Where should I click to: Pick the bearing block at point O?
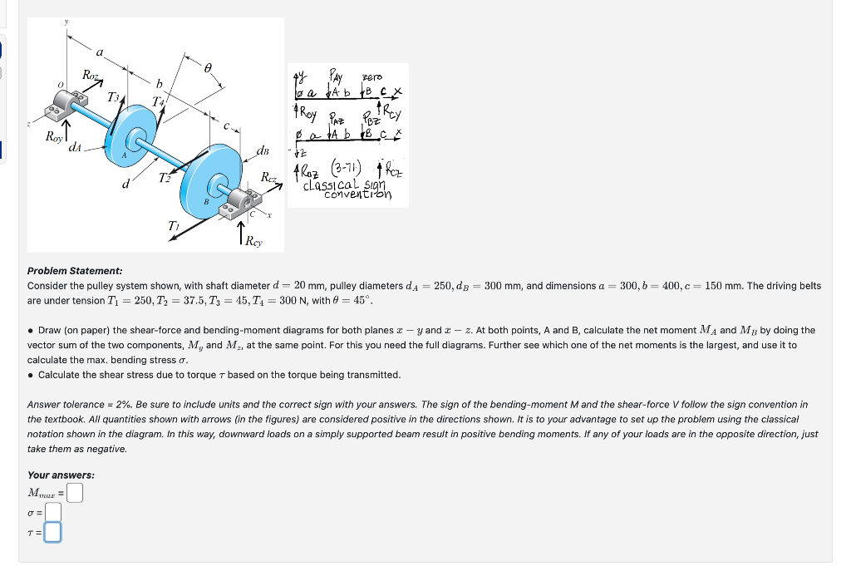72,106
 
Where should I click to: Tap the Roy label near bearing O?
57,138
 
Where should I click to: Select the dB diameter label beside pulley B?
263,151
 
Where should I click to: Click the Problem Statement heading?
75,271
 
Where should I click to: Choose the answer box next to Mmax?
75,493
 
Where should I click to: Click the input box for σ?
52,511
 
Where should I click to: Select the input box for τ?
52,530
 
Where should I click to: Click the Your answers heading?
61,475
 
